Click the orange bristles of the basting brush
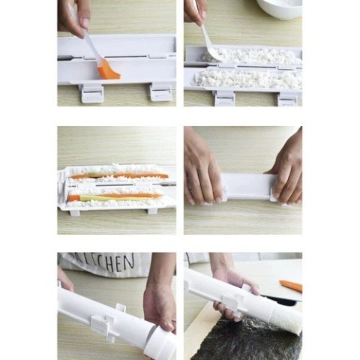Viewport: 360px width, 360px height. (109, 70)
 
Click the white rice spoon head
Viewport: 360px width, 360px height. (211, 52)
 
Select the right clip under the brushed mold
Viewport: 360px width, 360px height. (160, 91)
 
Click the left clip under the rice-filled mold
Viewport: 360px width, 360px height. (223, 97)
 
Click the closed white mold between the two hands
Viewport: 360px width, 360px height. (245, 187)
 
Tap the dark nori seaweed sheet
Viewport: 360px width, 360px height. (240, 337)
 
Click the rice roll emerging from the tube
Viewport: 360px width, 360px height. (288, 319)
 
